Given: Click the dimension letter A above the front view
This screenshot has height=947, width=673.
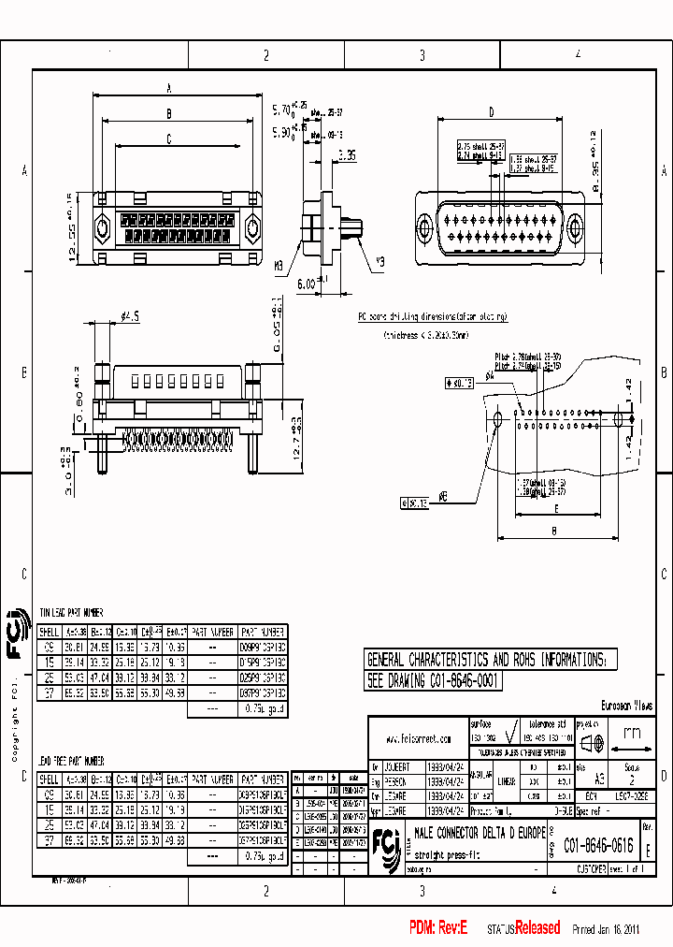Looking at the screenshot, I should (168, 88).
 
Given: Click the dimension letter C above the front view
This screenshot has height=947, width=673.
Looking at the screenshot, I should (168, 139).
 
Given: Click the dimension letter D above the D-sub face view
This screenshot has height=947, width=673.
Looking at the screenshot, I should (491, 112).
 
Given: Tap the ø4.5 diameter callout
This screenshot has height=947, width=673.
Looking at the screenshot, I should (129, 318).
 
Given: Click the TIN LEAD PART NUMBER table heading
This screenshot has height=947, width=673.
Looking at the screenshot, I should (71, 611).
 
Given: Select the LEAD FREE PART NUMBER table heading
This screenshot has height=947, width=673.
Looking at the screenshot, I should (71, 761).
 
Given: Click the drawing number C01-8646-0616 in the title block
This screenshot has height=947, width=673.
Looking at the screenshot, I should (597, 846).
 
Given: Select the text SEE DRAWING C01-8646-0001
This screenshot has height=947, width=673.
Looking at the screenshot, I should (434, 682).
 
